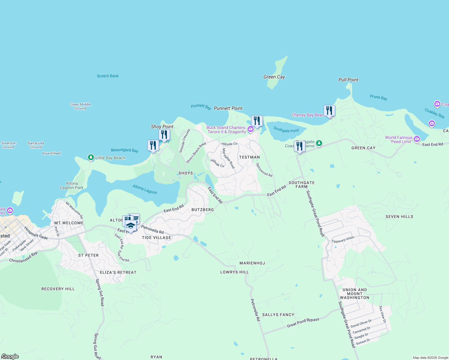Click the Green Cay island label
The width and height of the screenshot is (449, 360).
coord(274,77)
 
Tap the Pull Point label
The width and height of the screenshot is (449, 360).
coord(348,80)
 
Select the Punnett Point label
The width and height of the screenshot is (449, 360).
coord(228,108)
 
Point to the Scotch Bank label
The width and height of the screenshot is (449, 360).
coord(108,76)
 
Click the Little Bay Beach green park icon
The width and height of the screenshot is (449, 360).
coord(91,157)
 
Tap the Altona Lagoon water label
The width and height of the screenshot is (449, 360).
coord(145,189)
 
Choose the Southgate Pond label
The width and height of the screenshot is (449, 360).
coord(286,130)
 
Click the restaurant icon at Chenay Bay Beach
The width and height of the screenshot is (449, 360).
coord(329,111)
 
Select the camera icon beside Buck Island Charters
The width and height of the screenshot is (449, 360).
coord(250,129)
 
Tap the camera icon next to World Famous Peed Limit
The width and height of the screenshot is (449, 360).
coord(417,139)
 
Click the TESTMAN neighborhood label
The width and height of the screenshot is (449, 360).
coord(249,157)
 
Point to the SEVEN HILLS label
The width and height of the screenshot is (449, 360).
coord(399,217)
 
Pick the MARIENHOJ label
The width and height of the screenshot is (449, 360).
coord(252,263)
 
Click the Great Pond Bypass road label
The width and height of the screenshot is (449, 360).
coord(303,322)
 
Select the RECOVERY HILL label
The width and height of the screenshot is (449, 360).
coord(58,289)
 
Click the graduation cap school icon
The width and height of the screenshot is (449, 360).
coord(131,226)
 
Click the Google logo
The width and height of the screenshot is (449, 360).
coord(10,356)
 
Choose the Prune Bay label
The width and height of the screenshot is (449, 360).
coord(378,97)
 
